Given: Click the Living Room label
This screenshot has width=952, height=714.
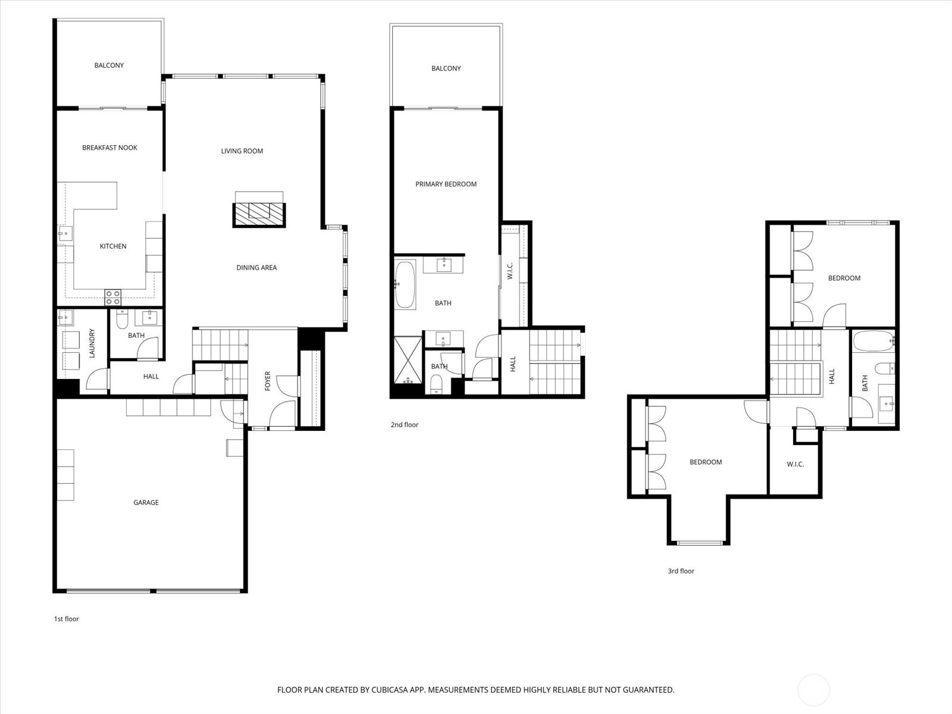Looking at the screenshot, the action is pos(242,151).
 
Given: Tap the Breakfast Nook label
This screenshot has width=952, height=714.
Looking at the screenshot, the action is pos(109,148).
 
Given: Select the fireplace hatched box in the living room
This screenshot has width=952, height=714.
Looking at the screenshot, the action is pos(259,215).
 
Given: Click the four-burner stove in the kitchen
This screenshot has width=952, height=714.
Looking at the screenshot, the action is pos(113,298).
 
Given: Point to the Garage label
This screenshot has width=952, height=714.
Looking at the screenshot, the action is pos(146,502).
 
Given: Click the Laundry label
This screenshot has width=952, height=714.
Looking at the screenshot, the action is pos(92,343).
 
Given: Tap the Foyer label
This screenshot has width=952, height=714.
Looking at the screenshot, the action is pos(268,381).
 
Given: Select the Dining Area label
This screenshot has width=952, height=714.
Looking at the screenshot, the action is pos(256,268).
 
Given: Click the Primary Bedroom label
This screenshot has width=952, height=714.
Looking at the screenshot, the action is pos(446,184).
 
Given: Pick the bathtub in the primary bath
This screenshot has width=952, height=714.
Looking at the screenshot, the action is pos(405,284).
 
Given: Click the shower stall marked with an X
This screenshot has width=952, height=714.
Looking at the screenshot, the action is pos(408,360).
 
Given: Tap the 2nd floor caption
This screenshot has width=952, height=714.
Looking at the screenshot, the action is pos(404,425).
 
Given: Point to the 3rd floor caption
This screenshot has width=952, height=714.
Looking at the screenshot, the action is pos(681,571).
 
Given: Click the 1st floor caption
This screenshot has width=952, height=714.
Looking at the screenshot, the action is pos(67,619).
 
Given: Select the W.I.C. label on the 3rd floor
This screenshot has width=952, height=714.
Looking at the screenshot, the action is pos(796,464).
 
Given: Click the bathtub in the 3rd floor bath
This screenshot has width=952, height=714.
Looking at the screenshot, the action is pos(873,341).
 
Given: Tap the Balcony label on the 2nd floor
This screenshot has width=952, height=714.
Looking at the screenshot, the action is pos(446,68).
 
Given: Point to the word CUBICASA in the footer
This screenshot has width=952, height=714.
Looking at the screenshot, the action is pos(390,690).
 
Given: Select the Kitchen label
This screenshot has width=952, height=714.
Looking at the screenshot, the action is pos(113,246).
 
